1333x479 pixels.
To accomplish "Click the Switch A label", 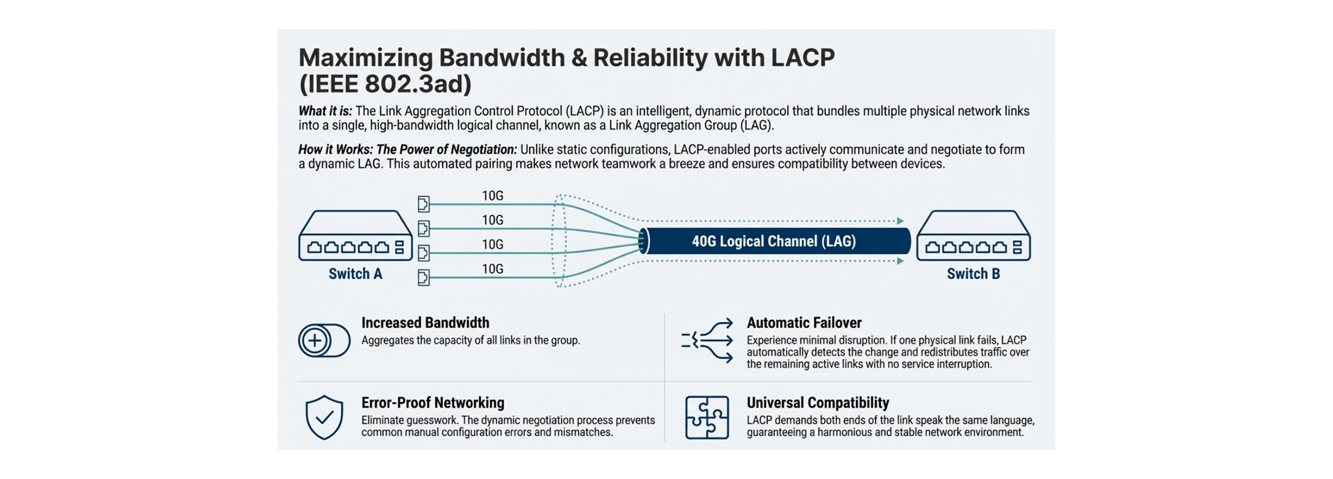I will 355,274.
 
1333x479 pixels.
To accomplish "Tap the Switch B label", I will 973,274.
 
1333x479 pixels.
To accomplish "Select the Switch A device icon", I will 355,236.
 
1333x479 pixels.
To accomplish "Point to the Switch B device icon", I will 973,236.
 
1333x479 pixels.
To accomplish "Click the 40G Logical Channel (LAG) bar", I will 773,242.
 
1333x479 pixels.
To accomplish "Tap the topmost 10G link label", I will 492,196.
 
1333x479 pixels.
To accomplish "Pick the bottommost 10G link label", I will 492,269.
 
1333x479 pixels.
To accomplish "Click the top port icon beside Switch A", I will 424,204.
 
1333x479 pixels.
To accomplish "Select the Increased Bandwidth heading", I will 425,323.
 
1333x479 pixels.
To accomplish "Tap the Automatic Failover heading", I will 804,323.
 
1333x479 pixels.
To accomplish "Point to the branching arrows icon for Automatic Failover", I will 707,340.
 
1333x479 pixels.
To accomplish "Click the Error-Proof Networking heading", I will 433,403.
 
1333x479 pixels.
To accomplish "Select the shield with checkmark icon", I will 324,417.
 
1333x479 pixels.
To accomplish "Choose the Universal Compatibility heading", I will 818,403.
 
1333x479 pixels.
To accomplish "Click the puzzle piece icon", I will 707,417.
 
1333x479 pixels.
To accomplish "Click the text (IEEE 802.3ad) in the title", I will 385,84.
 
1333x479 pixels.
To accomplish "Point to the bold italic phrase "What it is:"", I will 325,111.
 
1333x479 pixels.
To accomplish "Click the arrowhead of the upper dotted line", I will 900,221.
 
